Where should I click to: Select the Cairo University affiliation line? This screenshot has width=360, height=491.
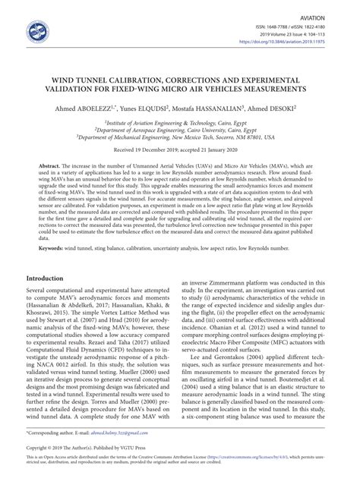click(179, 129)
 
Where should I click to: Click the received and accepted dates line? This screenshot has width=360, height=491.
click(179, 150)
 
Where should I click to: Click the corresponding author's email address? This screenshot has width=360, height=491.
click(126, 452)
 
